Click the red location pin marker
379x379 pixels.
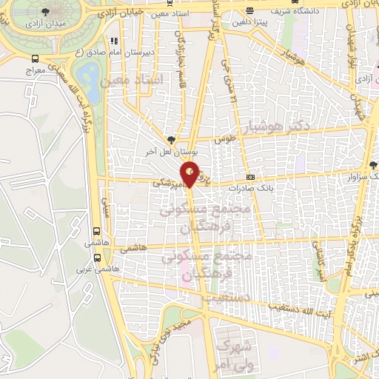[190, 172]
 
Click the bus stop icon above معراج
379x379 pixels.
[36, 58]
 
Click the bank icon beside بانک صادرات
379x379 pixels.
[250, 177]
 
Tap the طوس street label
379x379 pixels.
[224, 138]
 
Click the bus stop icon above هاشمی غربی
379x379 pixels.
[98, 258]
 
